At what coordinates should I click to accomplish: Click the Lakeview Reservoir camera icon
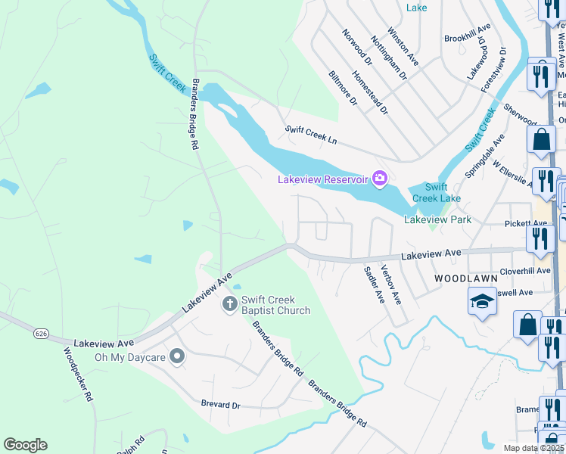380,179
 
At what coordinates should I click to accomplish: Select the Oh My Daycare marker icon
177,356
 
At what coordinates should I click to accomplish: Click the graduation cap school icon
482,303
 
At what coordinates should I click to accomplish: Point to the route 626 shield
42,332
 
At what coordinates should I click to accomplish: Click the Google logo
25,445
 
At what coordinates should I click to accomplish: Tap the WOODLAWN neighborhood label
465,278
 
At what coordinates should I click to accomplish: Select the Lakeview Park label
437,220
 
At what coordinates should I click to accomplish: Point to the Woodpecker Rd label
78,374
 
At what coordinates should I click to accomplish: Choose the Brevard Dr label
220,405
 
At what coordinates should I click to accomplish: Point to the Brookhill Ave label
468,37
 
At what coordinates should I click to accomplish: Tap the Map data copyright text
533,448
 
